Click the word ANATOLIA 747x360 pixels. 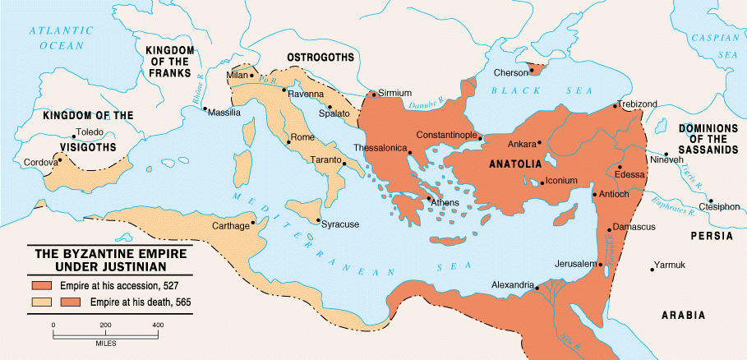click(x=515, y=163)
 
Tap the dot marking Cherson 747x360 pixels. click(x=532, y=70)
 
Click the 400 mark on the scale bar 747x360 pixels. click(x=156, y=326)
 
